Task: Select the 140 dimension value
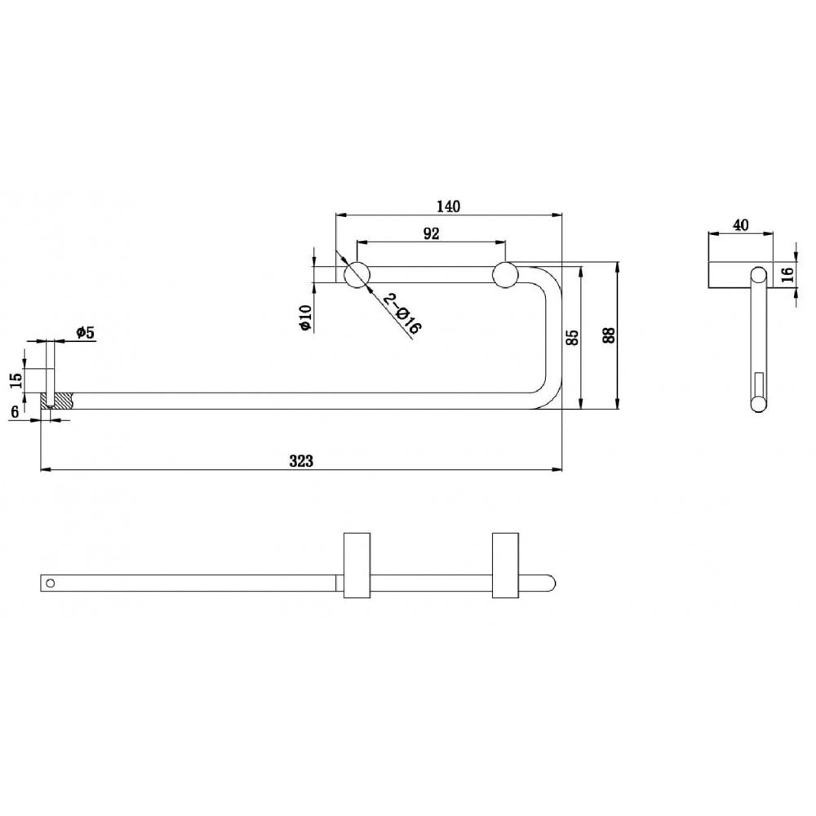448,206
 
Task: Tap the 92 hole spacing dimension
432,233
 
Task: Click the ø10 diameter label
304,317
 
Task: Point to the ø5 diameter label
86,332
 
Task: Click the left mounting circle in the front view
356,275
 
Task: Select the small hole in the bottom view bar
51,583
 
